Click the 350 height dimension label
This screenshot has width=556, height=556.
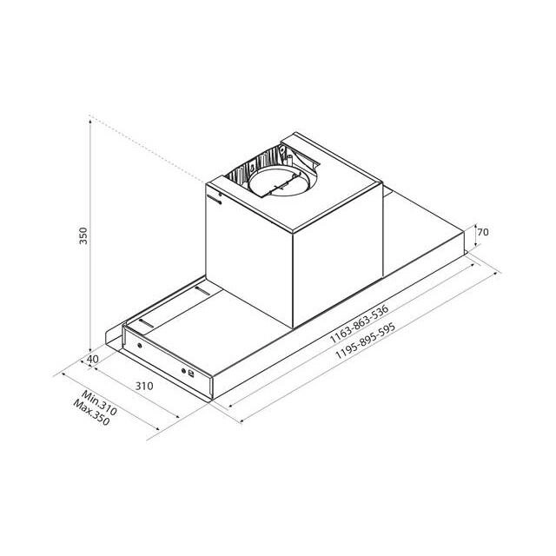(x=83, y=235)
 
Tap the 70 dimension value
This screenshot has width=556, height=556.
(x=483, y=232)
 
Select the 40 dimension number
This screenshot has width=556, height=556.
(x=93, y=359)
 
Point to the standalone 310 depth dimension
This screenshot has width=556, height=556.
(x=144, y=386)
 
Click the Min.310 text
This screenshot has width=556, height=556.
(x=99, y=403)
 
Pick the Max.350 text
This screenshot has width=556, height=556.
(x=91, y=413)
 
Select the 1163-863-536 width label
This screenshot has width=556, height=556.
(x=359, y=324)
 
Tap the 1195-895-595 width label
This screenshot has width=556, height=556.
(x=365, y=341)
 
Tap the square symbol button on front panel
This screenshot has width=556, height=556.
(x=191, y=374)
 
